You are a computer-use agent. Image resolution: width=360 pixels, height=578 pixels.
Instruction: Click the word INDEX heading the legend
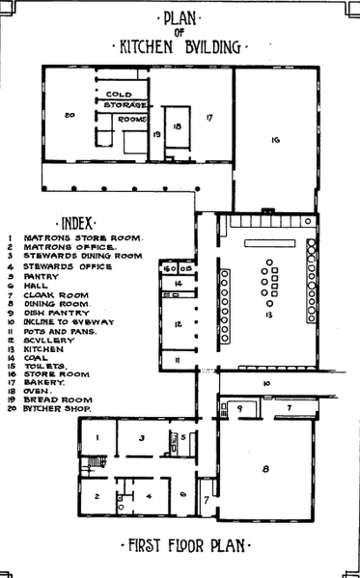[x=77, y=220]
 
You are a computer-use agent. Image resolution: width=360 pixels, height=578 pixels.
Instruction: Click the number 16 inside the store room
[x=275, y=141]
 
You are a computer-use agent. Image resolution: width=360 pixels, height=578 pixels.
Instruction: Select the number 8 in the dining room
[x=265, y=469]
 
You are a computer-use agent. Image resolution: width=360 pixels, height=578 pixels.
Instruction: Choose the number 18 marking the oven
[x=177, y=125]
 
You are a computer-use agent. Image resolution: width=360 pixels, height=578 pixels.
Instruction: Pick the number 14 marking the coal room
[x=179, y=284]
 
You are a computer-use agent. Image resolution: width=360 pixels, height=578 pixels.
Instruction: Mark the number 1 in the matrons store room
[x=97, y=438]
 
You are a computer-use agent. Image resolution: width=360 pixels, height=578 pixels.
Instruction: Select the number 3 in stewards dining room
[x=142, y=439]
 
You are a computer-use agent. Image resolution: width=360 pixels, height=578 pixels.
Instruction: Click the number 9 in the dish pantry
[x=238, y=408]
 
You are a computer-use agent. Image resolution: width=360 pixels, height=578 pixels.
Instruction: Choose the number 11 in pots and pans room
[x=177, y=360]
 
